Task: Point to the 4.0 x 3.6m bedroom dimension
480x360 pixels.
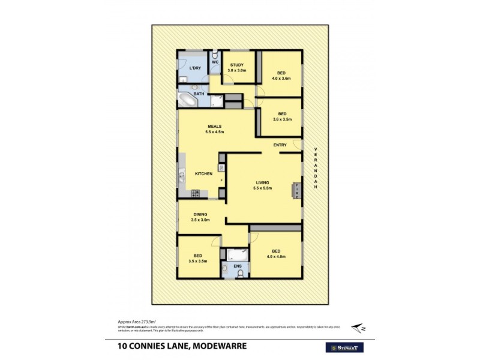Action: click(281, 78)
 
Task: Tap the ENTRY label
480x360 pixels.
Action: click(280, 145)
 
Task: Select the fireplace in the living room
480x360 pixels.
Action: click(296, 190)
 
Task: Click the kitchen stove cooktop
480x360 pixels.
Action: click(195, 193)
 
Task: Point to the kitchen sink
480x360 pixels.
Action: click(181, 176)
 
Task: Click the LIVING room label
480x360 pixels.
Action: click(262, 182)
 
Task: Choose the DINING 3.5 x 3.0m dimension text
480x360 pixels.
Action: click(200, 220)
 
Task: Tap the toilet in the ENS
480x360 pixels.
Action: click(240, 274)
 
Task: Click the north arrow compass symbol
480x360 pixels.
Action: click(359, 327)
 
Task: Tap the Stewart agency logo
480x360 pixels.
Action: click(346, 347)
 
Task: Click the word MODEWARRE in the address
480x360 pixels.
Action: click(214, 346)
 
